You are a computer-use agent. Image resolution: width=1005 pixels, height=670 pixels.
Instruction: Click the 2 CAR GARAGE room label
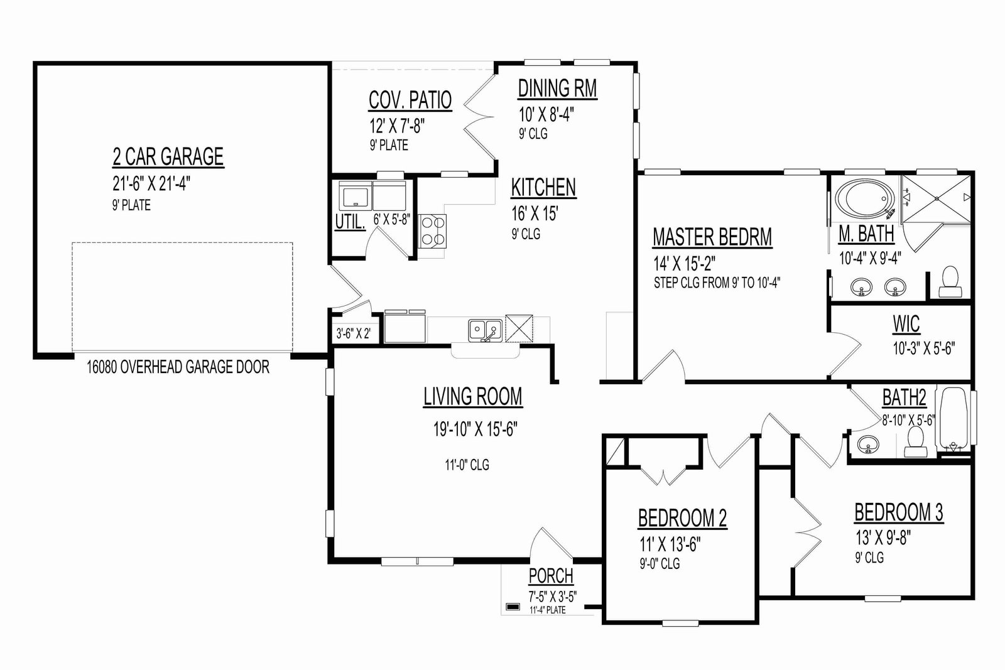point(168,156)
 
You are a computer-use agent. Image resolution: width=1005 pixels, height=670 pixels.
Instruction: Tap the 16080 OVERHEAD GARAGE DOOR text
point(178,367)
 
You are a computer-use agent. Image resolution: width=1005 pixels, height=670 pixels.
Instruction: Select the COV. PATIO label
point(410,100)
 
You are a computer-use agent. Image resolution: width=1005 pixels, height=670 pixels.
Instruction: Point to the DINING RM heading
point(557,89)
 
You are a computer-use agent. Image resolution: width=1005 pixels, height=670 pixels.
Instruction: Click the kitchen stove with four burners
point(433,232)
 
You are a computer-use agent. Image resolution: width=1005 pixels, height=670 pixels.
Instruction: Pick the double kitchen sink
point(485,331)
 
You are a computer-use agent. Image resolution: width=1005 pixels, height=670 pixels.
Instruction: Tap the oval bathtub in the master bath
point(864,198)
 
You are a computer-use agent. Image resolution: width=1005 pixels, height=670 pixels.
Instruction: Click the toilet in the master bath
point(950,282)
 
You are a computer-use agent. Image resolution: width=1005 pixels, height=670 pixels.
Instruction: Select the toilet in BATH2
point(915,441)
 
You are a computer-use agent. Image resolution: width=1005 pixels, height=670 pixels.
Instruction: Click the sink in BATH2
point(868,444)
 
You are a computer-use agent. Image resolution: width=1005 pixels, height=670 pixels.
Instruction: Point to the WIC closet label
point(906,324)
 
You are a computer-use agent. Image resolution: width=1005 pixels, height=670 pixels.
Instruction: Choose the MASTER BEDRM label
point(712,237)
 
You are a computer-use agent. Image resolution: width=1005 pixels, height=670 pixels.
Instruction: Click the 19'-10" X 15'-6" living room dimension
point(475,429)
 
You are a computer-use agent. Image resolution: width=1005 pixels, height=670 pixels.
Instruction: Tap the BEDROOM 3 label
point(899,512)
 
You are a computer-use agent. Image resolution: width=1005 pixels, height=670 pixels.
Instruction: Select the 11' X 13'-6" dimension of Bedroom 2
point(670,544)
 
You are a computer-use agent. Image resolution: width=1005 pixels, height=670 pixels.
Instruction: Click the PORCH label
point(551,576)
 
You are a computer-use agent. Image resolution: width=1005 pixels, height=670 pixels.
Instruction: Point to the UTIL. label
point(350,222)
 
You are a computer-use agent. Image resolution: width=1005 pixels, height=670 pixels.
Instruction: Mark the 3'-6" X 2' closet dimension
point(354,333)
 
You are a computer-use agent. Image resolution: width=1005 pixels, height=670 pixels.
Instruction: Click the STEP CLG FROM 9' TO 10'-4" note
point(717,283)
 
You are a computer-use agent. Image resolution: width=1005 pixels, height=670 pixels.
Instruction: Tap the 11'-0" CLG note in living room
point(467,465)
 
